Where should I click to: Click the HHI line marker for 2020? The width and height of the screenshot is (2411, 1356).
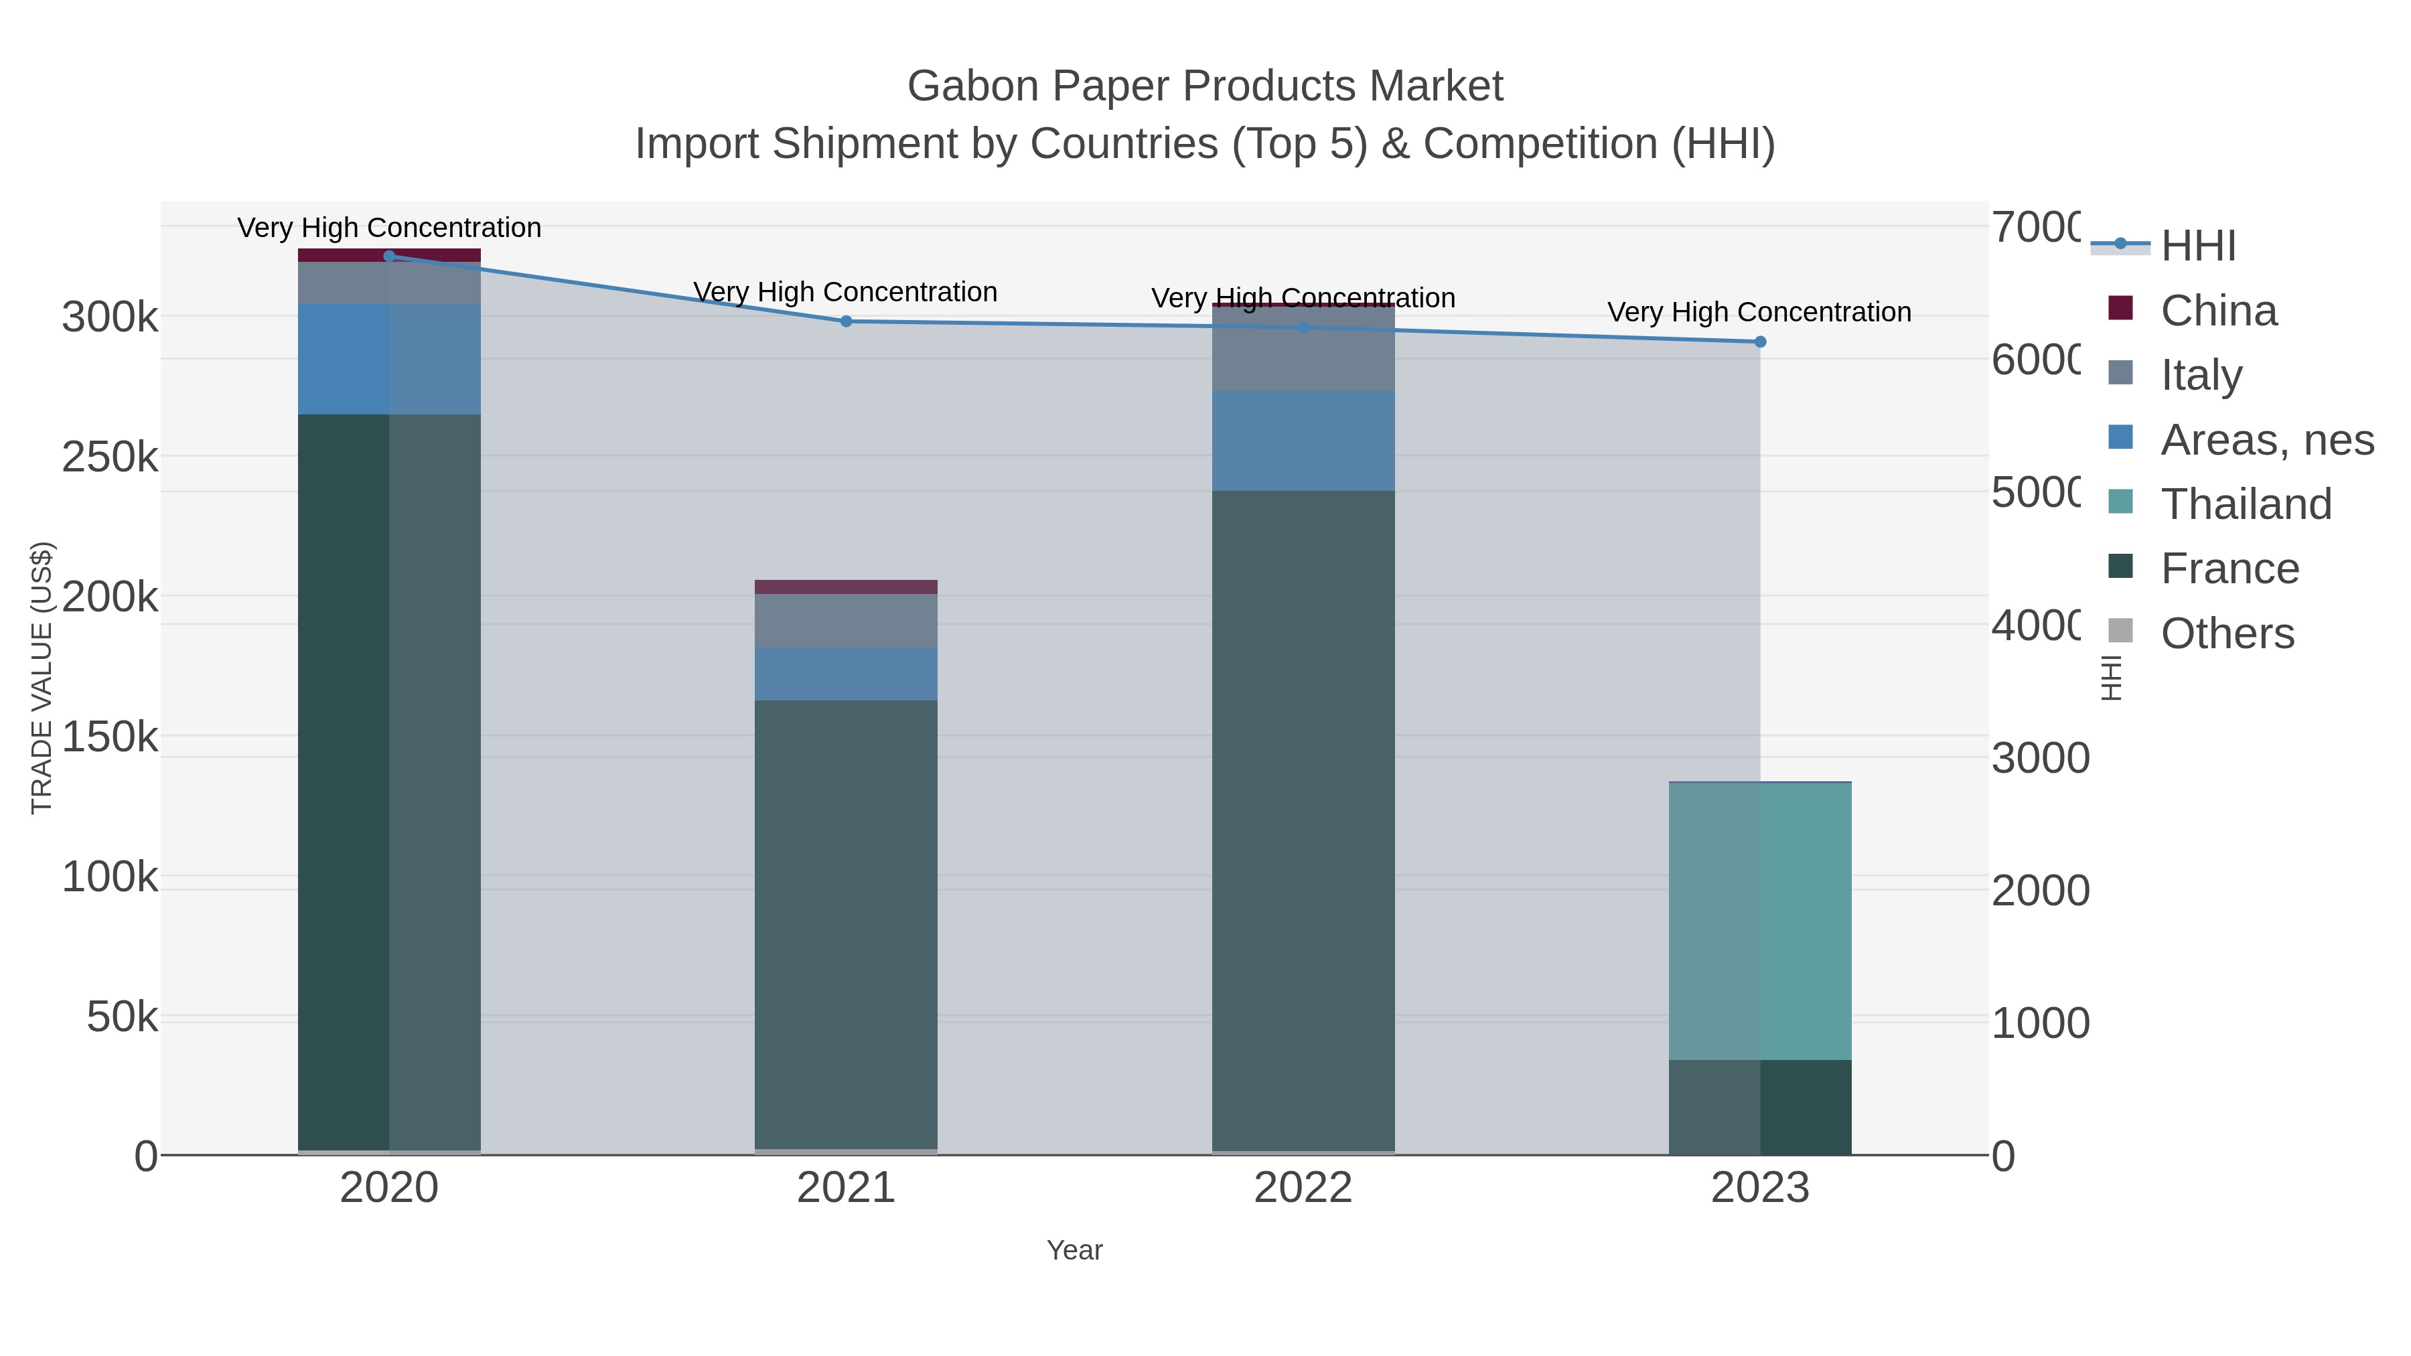[x=389, y=256]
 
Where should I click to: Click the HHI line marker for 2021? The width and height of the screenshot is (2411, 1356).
[x=846, y=321]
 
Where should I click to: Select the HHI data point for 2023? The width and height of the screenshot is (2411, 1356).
[x=1759, y=342]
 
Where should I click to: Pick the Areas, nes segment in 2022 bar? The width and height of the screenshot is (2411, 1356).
[x=1303, y=440]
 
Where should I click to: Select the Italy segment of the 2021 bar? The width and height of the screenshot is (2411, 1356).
[x=846, y=621]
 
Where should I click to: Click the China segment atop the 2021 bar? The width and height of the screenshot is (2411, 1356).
[x=846, y=587]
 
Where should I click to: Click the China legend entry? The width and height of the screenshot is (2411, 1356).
[x=2217, y=310]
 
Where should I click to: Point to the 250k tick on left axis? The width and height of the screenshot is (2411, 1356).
[x=110, y=457]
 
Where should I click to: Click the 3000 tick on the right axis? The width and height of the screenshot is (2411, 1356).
[x=2039, y=758]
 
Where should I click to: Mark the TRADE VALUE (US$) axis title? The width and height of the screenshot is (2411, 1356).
[x=42, y=678]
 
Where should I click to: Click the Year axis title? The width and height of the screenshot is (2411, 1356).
[x=1074, y=1250]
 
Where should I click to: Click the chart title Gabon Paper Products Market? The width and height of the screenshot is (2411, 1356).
[x=1205, y=86]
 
